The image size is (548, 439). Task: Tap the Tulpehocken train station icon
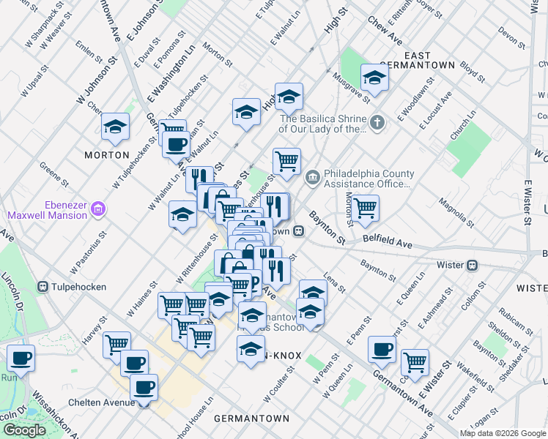[x=43, y=285]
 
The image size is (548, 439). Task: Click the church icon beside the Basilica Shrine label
[x=377, y=123]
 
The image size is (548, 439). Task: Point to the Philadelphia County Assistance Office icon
[x=313, y=176]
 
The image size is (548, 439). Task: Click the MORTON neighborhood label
[x=106, y=155]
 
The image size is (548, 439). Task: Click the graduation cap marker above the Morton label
[x=115, y=126]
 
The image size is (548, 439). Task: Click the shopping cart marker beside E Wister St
[x=415, y=361]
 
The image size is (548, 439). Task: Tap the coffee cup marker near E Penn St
[x=382, y=349]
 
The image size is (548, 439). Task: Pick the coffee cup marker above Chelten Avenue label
[x=144, y=386]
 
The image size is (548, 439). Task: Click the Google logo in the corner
[x=24, y=430]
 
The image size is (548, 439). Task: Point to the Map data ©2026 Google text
[x=502, y=433]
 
